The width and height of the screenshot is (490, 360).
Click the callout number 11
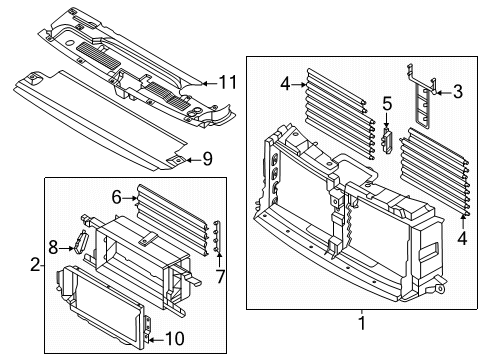coord(228,81)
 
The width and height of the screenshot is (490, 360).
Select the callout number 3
coord(457,93)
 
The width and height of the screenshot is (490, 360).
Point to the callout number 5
coord(386,103)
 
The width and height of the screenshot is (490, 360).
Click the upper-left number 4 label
coord(285,86)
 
